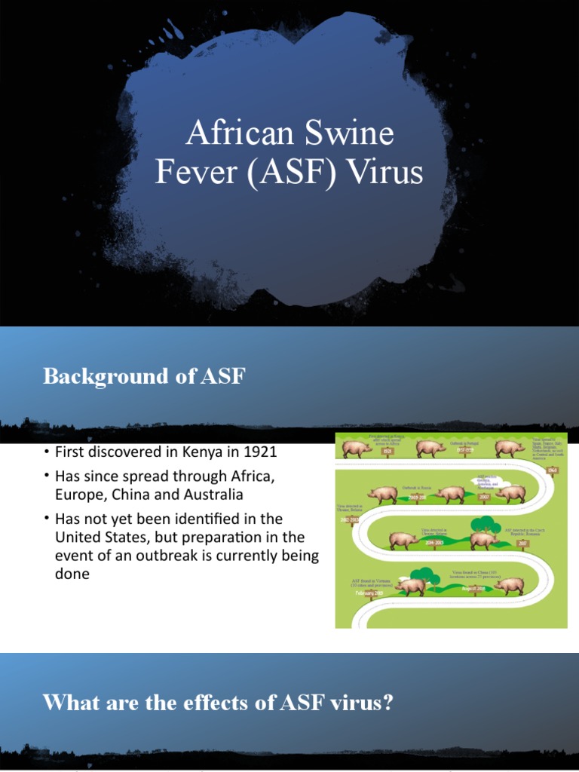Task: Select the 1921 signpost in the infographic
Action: click(x=388, y=452)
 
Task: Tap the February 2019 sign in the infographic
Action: click(x=369, y=593)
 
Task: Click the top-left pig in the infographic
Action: click(x=356, y=449)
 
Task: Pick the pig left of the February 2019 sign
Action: click(x=411, y=586)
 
